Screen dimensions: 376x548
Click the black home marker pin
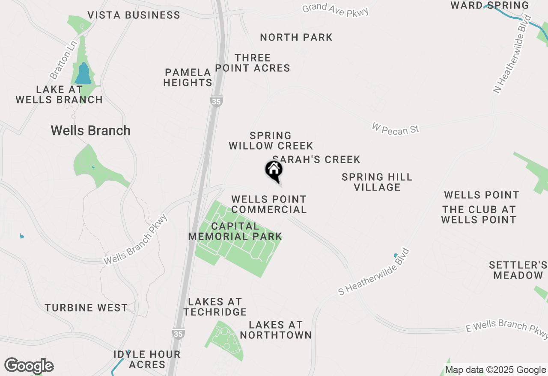(274, 171)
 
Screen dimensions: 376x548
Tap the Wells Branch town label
(90, 130)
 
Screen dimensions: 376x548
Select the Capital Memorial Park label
(235, 231)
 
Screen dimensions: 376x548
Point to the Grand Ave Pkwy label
(335, 10)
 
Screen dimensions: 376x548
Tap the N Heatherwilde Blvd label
(512, 54)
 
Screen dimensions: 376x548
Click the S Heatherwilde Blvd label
(374, 272)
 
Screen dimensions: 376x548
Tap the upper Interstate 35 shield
(216, 101)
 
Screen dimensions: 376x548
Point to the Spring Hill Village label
(377, 182)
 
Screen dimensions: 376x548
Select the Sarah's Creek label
(316, 160)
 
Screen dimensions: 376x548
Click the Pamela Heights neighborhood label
(188, 77)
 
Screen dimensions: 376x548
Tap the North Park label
(296, 38)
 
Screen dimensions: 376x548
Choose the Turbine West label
(86, 308)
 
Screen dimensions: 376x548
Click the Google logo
(29, 366)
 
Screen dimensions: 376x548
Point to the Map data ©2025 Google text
(495, 370)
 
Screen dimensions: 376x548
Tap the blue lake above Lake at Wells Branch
(83, 74)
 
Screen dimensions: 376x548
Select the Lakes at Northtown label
(276, 330)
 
